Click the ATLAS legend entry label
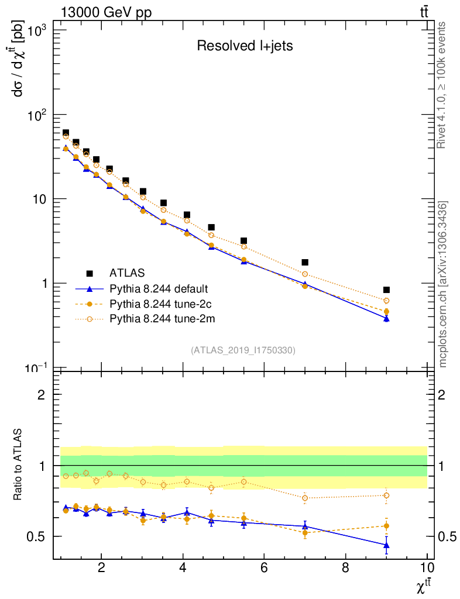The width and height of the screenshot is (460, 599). click(x=126, y=273)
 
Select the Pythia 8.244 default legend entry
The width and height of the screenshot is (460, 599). click(x=159, y=289)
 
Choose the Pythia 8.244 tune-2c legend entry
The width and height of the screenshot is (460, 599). click(x=159, y=304)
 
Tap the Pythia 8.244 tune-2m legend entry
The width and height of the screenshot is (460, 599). click(x=159, y=319)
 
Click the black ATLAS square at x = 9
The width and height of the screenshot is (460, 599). click(x=386, y=290)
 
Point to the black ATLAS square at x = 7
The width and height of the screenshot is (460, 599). click(x=305, y=262)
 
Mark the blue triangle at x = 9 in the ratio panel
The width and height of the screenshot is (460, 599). click(x=386, y=545)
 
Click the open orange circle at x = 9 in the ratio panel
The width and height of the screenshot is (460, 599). click(x=386, y=495)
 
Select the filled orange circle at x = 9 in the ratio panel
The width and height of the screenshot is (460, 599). click(x=386, y=526)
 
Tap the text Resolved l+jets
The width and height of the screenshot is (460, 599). click(x=245, y=46)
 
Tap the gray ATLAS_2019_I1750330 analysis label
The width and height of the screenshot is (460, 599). click(x=243, y=350)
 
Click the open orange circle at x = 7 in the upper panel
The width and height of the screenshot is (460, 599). click(x=305, y=274)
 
